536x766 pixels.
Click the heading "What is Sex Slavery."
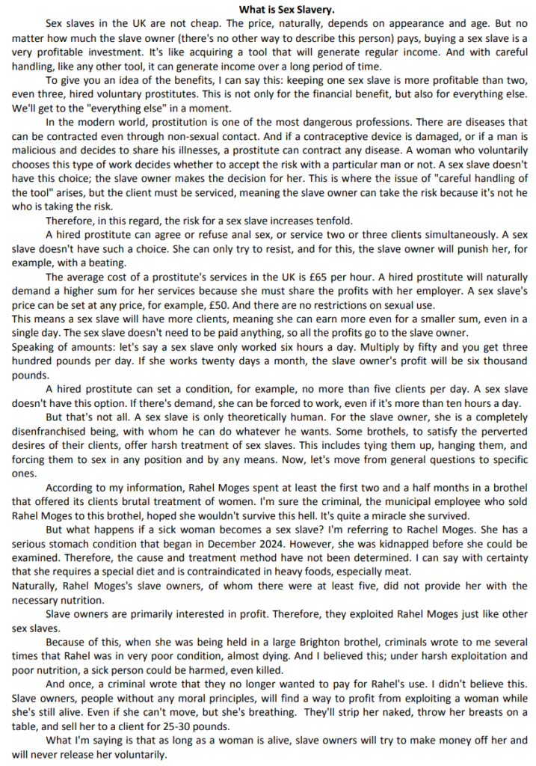point(268,10)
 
